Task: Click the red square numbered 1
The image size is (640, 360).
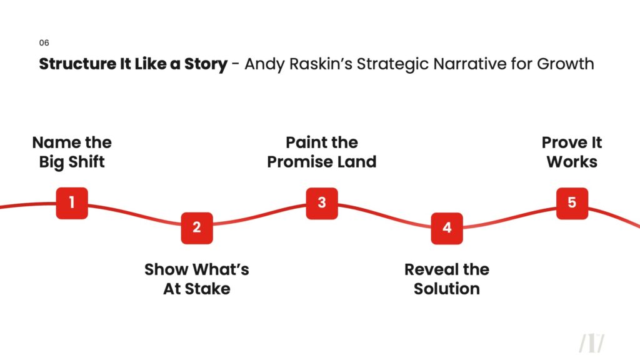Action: pos(72,203)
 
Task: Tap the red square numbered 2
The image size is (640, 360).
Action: pos(197,228)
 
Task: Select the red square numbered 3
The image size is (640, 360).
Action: pos(322,203)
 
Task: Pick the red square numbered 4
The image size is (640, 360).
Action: pos(447,228)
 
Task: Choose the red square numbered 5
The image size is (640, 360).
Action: pos(572,203)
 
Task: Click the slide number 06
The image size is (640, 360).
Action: pos(44,43)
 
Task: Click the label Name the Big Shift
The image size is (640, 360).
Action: pos(72,152)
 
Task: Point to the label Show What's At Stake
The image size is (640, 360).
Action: pos(197,279)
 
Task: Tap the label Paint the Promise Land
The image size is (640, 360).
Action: pos(322,152)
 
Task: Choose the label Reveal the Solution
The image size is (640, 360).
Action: pos(447,279)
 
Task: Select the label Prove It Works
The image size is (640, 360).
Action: pos(572,152)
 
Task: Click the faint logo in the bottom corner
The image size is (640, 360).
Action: pos(591,343)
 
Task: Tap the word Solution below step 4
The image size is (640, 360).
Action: pos(447,289)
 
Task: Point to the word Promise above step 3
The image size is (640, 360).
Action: pos(300,162)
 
